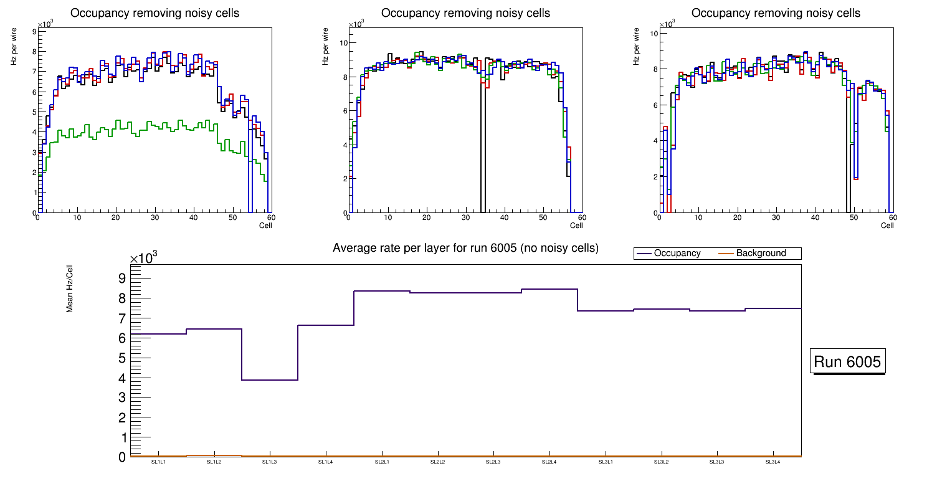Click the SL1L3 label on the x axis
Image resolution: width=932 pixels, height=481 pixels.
tap(270, 462)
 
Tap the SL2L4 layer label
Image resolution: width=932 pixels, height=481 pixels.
tap(549, 462)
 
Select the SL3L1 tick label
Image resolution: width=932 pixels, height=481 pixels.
tap(605, 462)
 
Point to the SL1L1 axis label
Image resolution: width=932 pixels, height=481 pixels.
tap(158, 462)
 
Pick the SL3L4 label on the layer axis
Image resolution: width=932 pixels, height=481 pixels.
tap(773, 462)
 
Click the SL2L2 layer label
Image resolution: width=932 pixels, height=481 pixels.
tap(437, 462)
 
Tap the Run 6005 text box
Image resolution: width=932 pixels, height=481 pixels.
tap(847, 362)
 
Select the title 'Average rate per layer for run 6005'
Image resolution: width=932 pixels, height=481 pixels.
tap(465, 248)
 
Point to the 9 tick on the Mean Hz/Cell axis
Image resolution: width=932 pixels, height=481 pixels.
tap(122, 277)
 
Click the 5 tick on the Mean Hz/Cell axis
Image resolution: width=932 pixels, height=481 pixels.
tap(122, 358)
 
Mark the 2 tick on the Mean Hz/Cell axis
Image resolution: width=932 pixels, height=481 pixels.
tap(122, 417)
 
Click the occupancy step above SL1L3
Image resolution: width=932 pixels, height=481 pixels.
tap(270, 380)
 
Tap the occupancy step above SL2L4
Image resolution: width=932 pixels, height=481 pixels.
tap(549, 289)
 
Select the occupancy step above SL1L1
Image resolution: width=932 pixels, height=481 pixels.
tap(158, 334)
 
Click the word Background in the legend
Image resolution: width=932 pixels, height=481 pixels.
tap(761, 254)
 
